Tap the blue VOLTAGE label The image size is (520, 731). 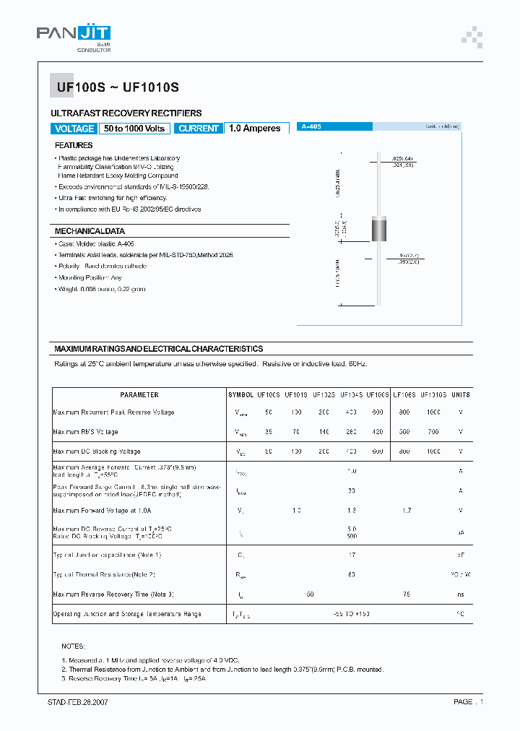coord(74,129)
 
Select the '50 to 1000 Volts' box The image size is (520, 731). coord(134,129)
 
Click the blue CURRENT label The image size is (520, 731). coord(199,129)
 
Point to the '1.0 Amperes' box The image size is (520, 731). coord(255,129)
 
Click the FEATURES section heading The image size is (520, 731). coord(74,145)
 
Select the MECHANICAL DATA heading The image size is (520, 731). coord(90,231)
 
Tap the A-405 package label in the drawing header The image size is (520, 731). coord(311,126)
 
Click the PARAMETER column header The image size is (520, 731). coord(139,395)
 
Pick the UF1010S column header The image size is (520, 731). coord(433,395)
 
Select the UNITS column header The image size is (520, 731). coord(461,395)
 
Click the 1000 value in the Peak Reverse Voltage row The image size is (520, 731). coord(433,412)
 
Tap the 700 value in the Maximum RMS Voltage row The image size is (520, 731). coord(433,432)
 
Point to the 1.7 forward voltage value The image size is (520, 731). coord(406,510)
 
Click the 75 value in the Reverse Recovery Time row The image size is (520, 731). coord(406,594)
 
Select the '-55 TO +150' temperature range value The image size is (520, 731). coord(352,613)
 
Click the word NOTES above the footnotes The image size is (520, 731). coord(74,646)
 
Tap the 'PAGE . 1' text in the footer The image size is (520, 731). coord(468,701)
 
